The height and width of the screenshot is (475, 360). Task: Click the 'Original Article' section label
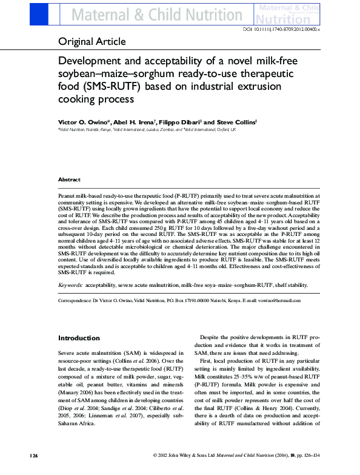92,42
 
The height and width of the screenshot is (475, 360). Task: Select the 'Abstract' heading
69,180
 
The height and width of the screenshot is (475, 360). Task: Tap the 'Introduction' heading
79,338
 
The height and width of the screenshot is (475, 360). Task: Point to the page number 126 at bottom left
35,471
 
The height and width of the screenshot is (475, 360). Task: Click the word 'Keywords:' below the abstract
70,285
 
